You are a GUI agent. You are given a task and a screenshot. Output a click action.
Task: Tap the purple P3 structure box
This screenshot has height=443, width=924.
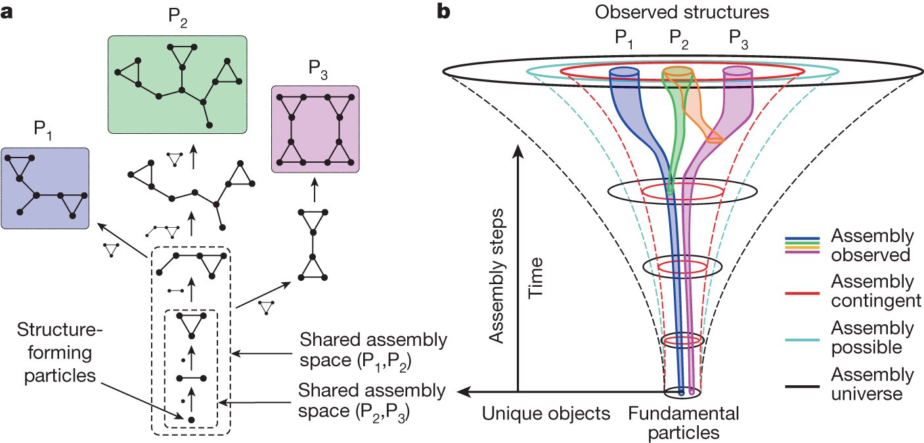[315, 129]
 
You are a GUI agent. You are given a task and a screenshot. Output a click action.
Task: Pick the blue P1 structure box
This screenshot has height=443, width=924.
[45, 188]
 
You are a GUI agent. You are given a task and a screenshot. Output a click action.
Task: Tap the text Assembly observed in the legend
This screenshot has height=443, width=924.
[871, 245]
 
